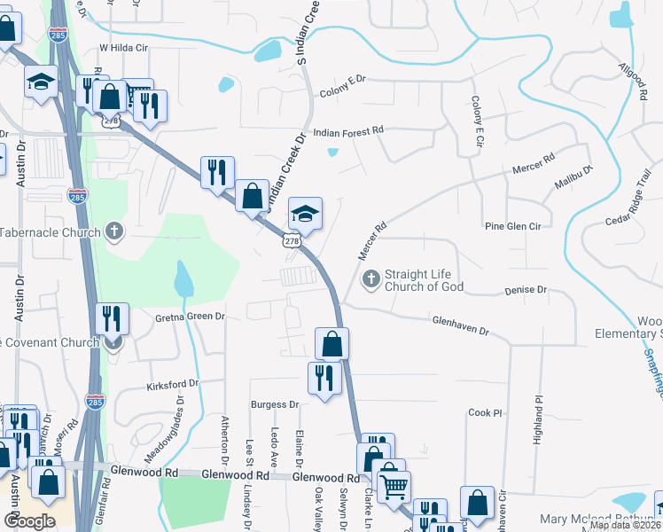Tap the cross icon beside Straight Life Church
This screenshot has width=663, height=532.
pos(371,280)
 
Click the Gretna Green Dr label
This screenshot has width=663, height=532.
pos(190,316)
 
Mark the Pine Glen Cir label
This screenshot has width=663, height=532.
pos(512,226)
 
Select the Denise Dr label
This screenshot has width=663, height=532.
pos(526,290)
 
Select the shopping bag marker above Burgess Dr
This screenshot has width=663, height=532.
pos(331,343)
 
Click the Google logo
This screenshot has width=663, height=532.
pos(29,521)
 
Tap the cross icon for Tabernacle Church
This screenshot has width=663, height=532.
pos(113,232)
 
